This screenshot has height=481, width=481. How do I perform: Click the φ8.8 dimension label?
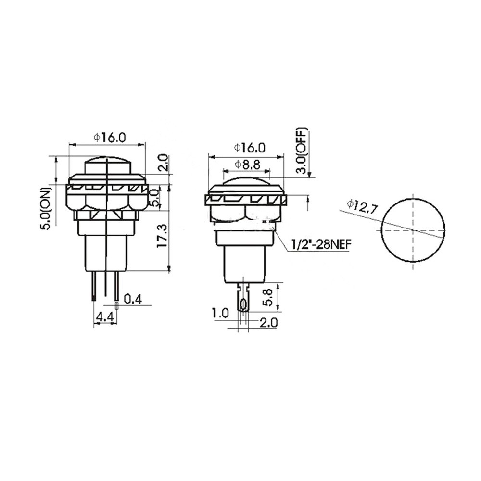point(247,165)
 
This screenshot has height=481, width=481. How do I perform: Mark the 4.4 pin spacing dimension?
point(104,317)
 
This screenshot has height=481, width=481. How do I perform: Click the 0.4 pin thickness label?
point(133,299)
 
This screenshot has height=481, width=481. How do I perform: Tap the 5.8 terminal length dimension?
point(267,297)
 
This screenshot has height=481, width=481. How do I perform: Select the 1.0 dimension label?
point(220,313)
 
